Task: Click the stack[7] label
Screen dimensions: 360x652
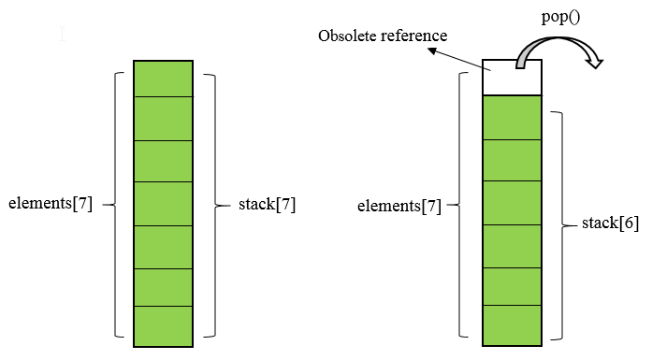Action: tap(268, 204)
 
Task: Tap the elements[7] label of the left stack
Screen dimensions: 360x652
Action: tap(50, 204)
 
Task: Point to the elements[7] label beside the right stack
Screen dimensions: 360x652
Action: tap(399, 204)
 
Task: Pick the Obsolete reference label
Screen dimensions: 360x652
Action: tap(384, 36)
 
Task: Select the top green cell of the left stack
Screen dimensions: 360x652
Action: tap(163, 79)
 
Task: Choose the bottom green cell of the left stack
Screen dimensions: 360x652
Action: tap(163, 326)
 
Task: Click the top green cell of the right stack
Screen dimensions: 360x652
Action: tap(512, 117)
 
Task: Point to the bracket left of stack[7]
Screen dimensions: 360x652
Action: tap(211, 204)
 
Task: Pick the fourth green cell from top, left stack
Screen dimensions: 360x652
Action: tap(163, 203)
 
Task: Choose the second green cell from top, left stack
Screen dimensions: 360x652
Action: tap(163, 119)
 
